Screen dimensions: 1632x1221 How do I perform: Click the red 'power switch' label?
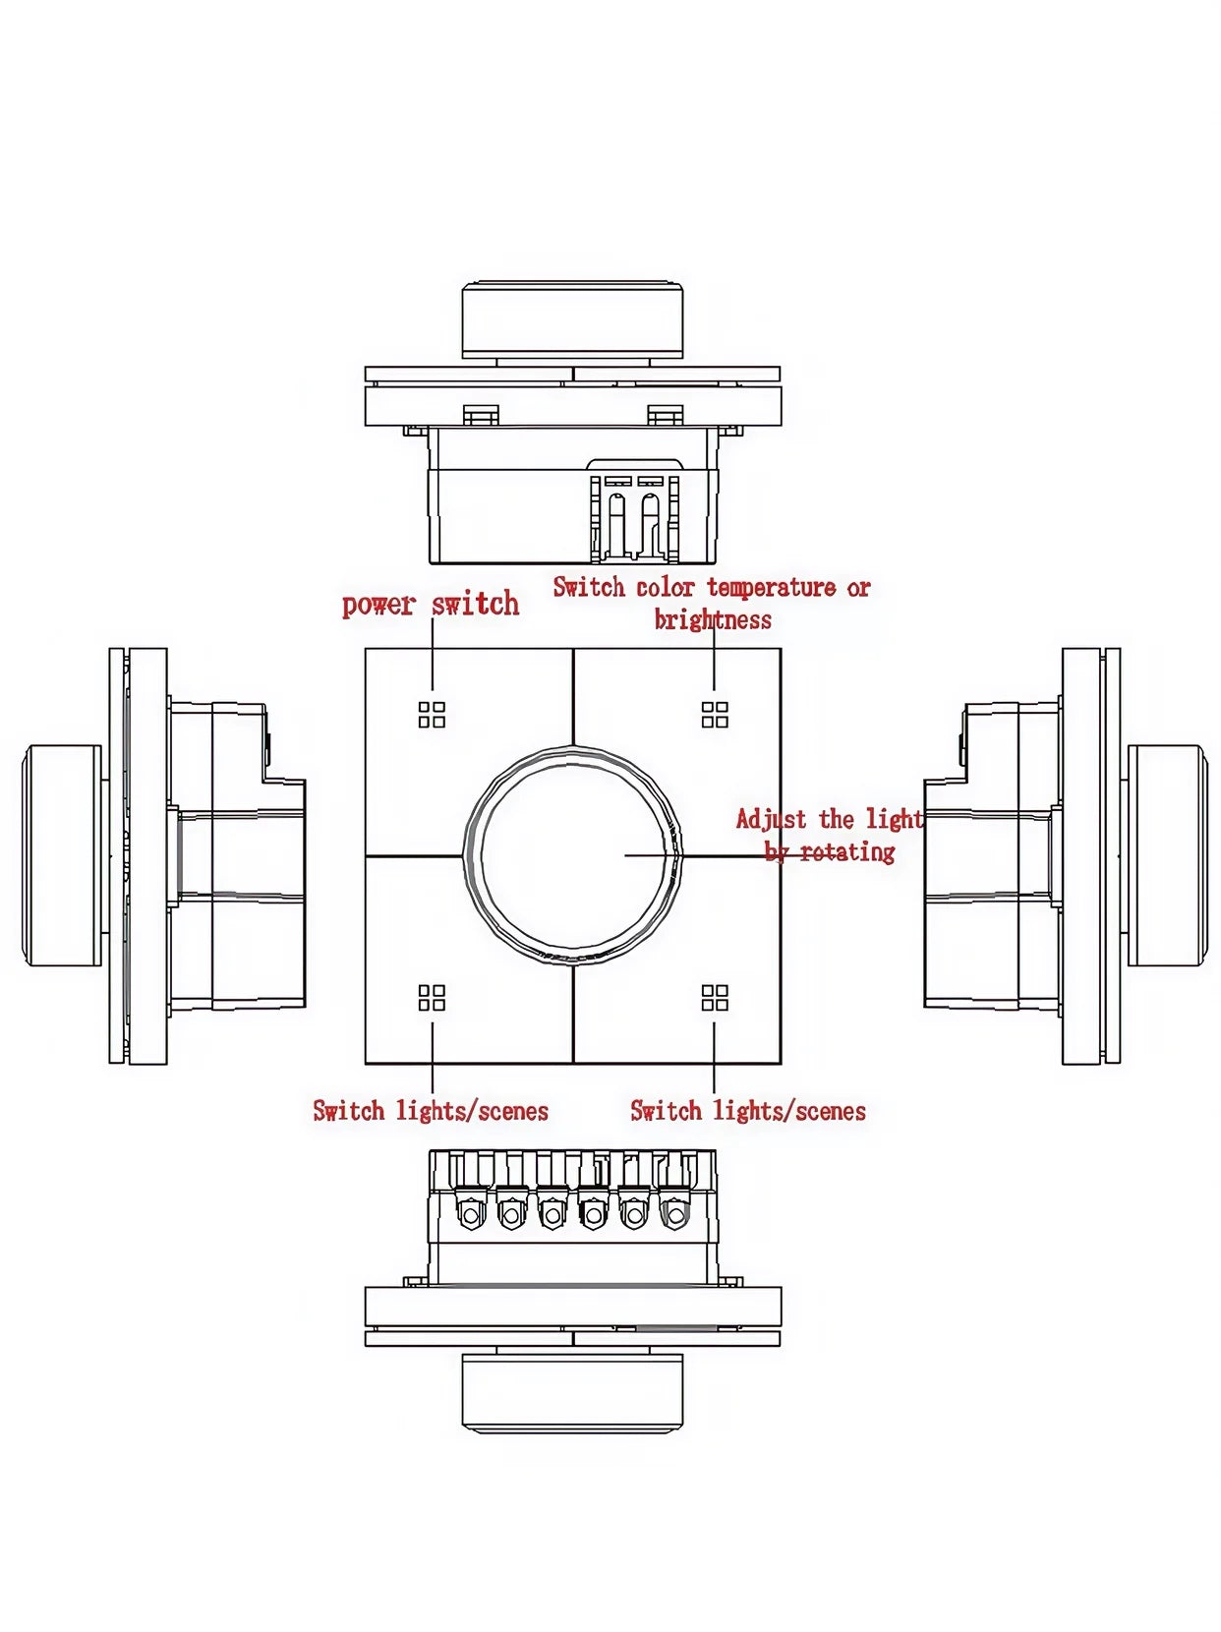(431, 604)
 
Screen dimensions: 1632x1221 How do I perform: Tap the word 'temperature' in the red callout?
(772, 588)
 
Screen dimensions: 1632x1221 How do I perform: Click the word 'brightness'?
(713, 619)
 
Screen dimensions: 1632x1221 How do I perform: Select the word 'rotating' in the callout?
(847, 851)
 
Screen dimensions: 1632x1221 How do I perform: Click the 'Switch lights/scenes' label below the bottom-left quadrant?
(431, 1111)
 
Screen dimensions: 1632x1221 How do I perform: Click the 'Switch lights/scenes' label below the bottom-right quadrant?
(748, 1111)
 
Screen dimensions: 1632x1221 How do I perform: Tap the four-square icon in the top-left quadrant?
(432, 715)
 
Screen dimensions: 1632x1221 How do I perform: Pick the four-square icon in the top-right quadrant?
(715, 715)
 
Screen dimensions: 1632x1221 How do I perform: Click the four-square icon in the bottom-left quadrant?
(432, 998)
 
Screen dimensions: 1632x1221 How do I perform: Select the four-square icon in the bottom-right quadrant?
(715, 998)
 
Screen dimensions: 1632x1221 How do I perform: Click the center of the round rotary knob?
(573, 855)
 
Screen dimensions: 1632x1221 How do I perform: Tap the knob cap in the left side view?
(61, 855)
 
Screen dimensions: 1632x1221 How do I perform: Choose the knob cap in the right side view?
(1166, 855)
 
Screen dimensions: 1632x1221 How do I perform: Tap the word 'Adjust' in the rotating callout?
(771, 820)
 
